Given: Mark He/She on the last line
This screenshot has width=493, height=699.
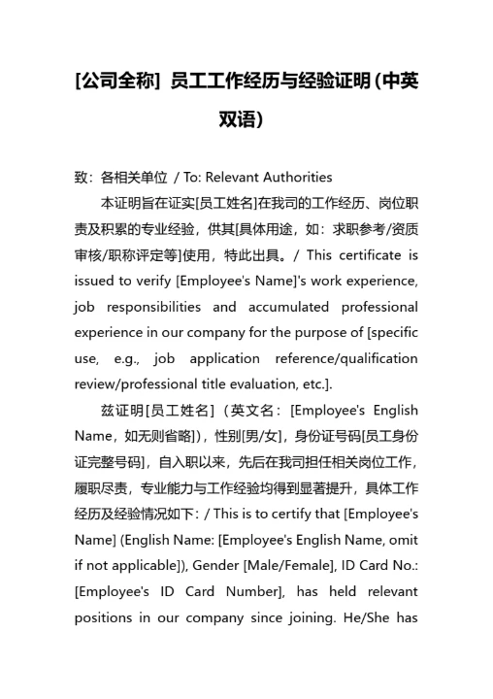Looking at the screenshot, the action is [x=393, y=616].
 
